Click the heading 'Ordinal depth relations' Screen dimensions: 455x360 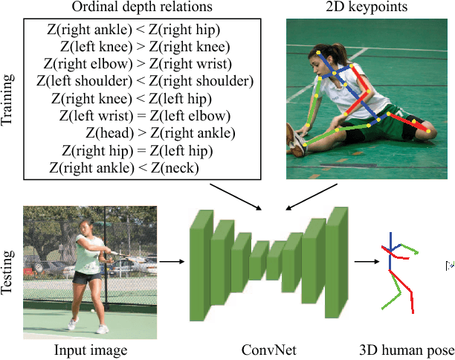143,8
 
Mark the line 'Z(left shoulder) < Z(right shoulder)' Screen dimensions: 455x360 149,80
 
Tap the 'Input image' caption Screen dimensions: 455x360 91,350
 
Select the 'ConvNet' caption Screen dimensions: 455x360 265,350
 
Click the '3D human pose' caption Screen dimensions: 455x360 405,350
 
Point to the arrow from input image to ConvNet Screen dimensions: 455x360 171,261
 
